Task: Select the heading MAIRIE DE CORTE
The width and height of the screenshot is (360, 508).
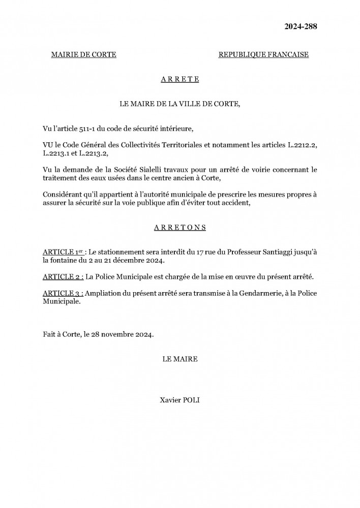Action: coord(84,55)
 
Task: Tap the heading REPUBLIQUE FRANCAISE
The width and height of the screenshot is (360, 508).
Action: coord(263,55)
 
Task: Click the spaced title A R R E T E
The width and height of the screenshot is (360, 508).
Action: coord(179,79)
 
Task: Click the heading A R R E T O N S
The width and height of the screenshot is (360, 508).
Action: coord(179,228)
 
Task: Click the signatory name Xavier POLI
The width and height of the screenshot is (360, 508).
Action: coord(179,400)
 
